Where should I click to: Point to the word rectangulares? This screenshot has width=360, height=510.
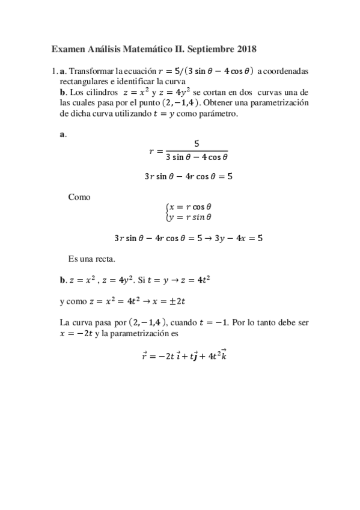[x=85, y=81]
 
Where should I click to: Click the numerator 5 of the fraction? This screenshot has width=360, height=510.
[x=197, y=143]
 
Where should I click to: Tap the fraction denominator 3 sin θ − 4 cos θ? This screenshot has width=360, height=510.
[x=197, y=158]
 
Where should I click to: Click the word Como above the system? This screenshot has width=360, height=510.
[x=79, y=197]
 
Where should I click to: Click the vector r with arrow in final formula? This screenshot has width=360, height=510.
[x=144, y=355]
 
